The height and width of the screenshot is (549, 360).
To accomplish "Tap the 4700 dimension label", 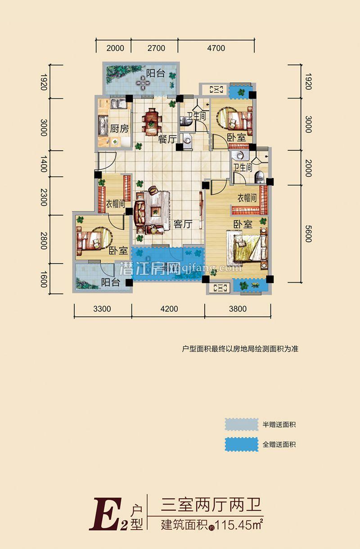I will pos(216,48).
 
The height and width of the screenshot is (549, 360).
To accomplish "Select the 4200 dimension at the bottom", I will pos(169,309).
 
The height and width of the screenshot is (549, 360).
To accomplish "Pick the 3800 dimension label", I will pos(238,309).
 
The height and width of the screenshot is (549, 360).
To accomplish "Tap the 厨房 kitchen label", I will pos(119,129).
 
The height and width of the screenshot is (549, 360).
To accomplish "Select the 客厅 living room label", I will pos(183,224).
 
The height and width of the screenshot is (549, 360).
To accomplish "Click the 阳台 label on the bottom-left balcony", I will pos(110,283).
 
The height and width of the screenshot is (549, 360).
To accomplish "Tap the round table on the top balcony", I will pos(142,82).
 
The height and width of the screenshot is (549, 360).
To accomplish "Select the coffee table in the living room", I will pos(156,209).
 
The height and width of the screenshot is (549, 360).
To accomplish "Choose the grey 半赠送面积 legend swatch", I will pos(242,424).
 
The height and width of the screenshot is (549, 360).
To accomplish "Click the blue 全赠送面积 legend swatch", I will pos(242,444).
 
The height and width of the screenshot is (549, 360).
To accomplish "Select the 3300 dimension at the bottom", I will pos(102,309).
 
